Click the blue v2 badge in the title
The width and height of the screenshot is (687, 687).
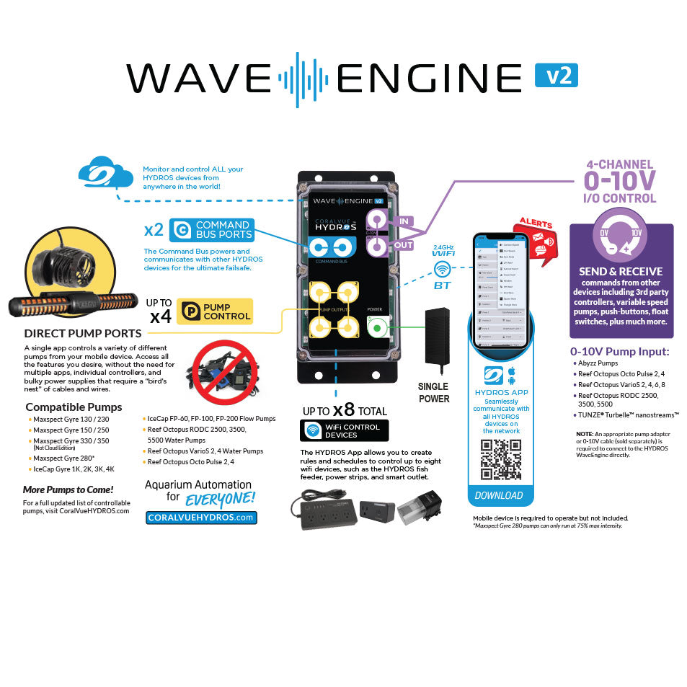click(556, 75)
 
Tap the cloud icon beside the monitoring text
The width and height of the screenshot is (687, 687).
click(105, 175)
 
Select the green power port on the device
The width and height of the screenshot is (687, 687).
click(376, 329)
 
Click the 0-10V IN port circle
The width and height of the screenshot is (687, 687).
click(376, 220)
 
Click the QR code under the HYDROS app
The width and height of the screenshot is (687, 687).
click(501, 459)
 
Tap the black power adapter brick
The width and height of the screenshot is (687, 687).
click(438, 336)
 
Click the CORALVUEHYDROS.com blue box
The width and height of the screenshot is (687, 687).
click(201, 517)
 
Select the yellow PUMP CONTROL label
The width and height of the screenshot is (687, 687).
click(215, 311)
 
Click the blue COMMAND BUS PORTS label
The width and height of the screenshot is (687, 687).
click(212, 230)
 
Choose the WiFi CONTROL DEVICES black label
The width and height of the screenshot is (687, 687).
click(344, 430)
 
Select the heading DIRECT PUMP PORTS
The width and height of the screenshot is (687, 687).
click(83, 333)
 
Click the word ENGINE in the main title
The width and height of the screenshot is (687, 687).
click(430, 77)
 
